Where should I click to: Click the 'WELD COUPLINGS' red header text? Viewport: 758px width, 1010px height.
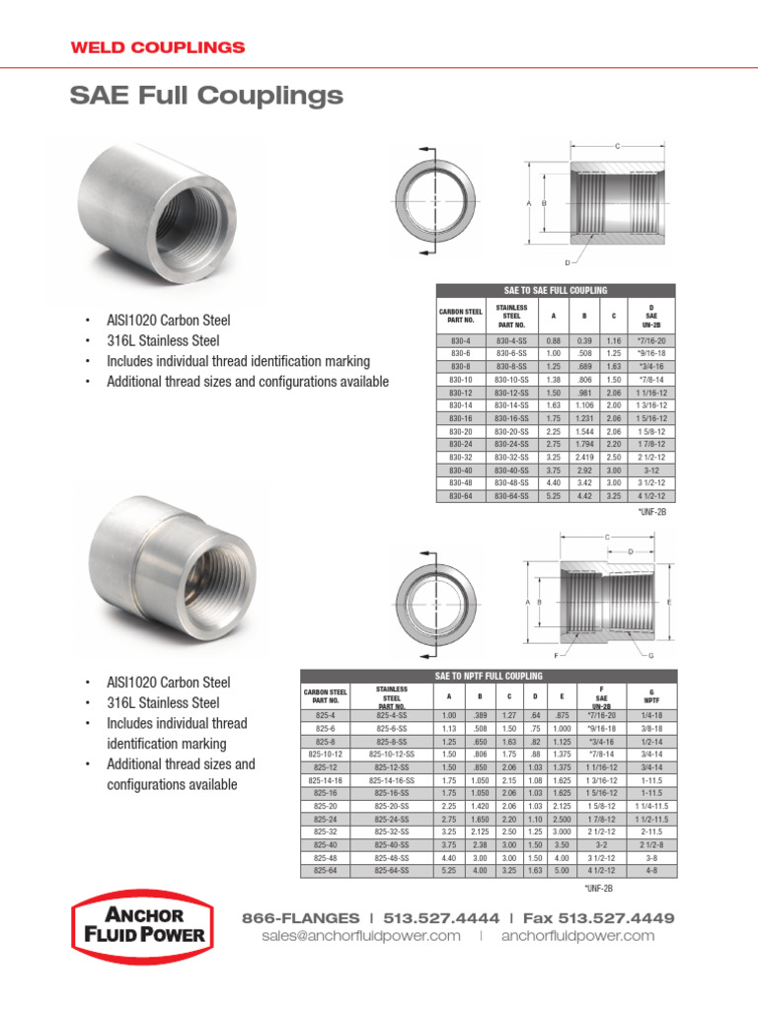157,47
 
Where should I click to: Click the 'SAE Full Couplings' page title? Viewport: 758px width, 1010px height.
206,96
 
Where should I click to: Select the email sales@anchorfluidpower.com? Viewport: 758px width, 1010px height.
361,936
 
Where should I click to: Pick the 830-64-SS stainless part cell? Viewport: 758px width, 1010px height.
510,495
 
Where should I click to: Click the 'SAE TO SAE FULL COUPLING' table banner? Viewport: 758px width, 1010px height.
556,290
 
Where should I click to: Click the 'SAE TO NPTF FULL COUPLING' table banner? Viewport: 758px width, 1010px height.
489,675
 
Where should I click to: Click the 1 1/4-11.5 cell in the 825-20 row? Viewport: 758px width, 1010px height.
651,805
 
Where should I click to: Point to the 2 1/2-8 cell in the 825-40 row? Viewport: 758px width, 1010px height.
651,844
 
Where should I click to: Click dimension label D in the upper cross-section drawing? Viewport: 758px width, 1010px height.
568,261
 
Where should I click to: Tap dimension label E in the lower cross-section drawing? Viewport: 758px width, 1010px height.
669,601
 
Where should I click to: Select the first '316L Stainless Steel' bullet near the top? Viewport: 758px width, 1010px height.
163,341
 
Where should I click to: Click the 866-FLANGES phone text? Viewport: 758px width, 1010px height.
300,917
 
